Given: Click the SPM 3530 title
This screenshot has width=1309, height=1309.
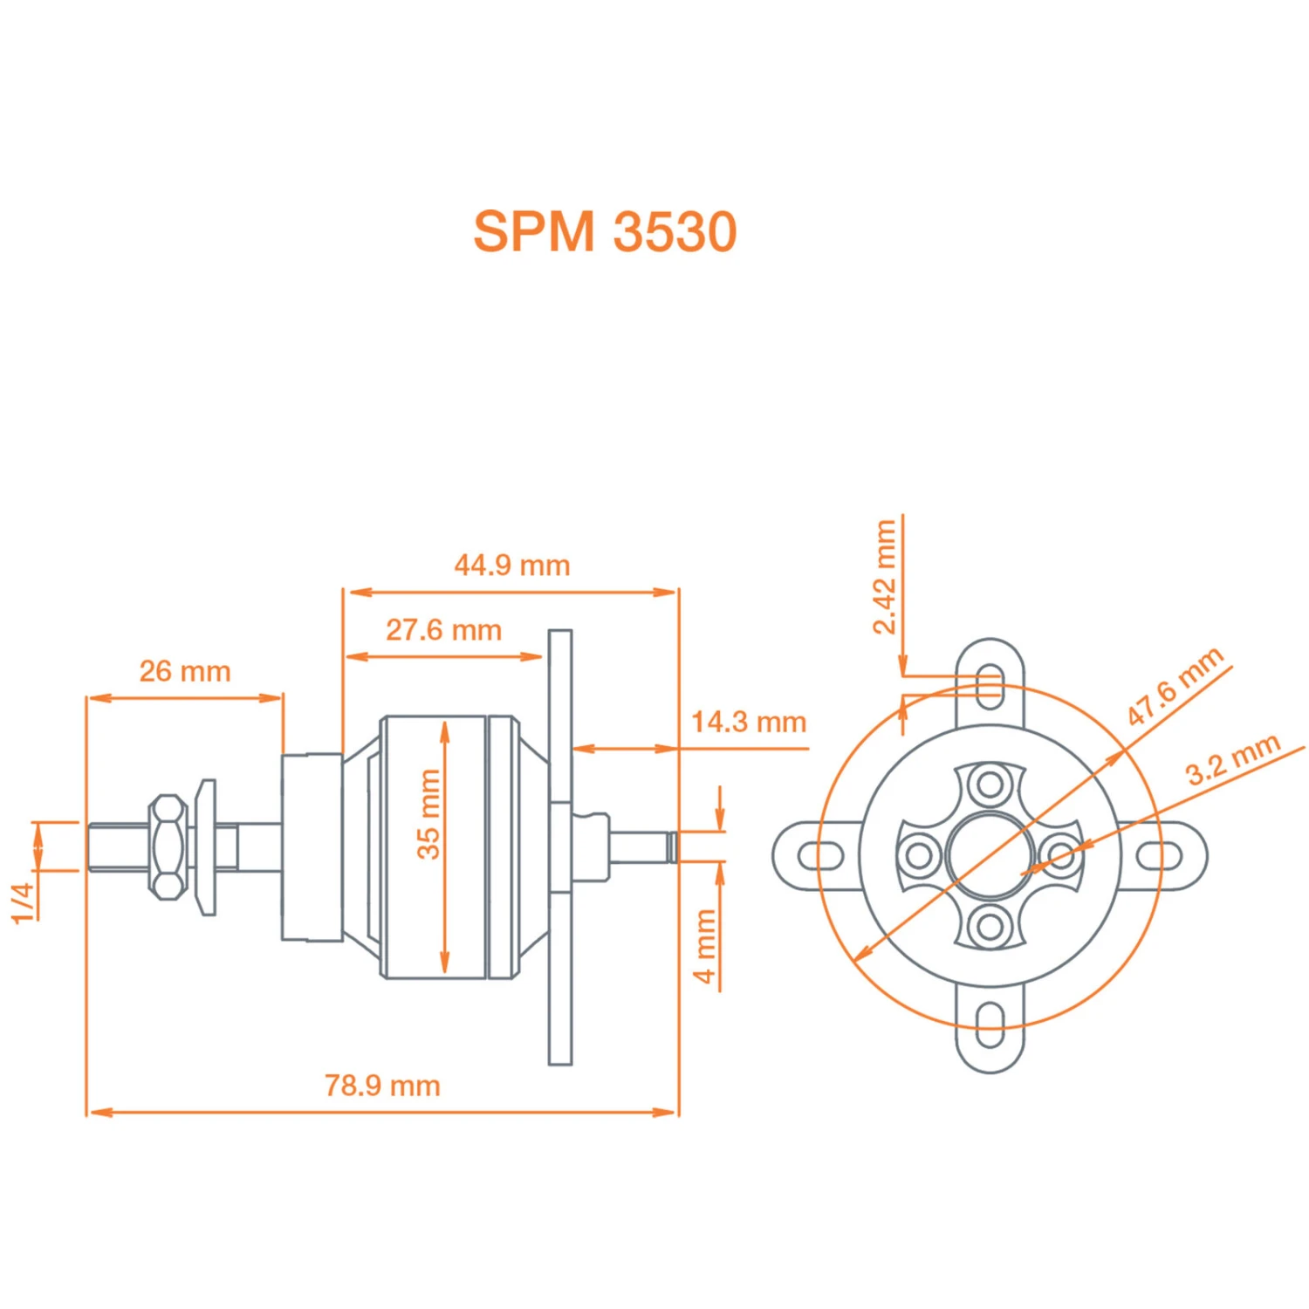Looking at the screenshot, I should [x=605, y=232].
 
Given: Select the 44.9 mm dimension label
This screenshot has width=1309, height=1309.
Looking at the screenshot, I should [x=512, y=565].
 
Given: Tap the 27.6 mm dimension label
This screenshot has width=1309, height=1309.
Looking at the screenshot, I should [x=443, y=630].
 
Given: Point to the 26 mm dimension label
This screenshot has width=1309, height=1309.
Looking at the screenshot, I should [x=185, y=672].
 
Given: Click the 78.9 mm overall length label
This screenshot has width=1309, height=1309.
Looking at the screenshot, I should [x=382, y=1086].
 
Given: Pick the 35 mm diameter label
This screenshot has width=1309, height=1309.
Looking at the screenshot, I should [x=428, y=814].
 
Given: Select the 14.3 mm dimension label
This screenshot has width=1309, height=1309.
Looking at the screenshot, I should [x=749, y=723].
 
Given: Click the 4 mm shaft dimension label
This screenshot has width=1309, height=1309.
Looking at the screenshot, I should [x=705, y=946].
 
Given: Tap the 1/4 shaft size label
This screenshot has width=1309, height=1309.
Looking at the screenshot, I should [x=23, y=902].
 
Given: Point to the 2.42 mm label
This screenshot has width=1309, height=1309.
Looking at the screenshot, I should [x=885, y=577].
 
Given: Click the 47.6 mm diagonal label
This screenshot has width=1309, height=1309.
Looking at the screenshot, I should [x=1175, y=687].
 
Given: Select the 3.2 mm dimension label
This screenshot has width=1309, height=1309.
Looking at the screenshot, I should [x=1232, y=759].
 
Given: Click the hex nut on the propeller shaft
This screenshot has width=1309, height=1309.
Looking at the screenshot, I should [x=168, y=846].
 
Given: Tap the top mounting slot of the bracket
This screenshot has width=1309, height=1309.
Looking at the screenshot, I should [x=990, y=686].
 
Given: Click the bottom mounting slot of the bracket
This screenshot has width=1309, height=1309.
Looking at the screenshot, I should [x=990, y=1025].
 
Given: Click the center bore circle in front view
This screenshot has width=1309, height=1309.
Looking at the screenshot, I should [x=990, y=855].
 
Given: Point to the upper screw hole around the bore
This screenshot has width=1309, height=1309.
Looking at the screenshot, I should [x=990, y=784].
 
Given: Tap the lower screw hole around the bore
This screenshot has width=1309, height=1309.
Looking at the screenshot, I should [x=990, y=926].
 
